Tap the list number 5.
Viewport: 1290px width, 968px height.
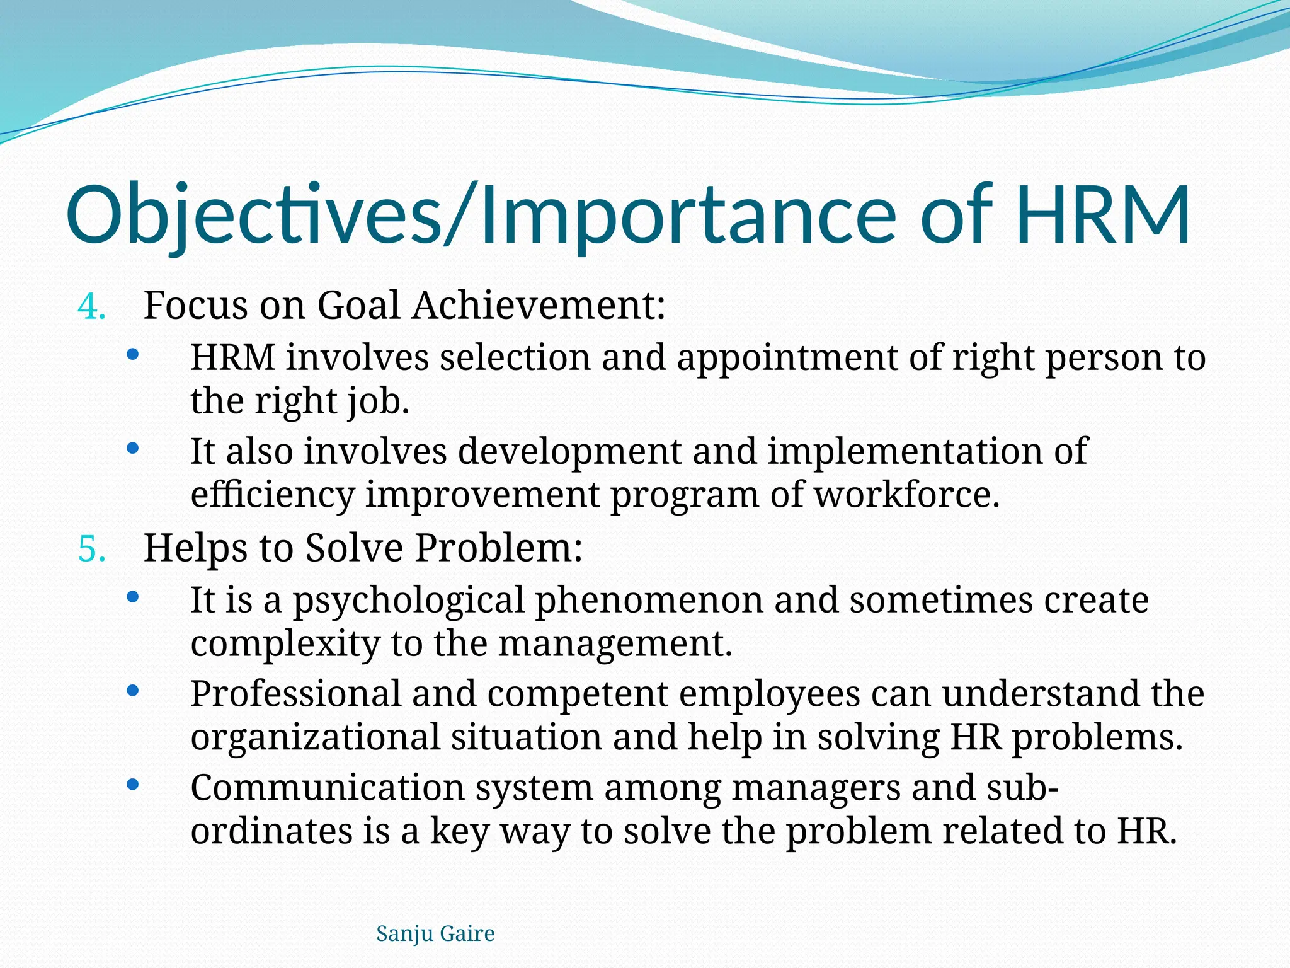(x=92, y=549)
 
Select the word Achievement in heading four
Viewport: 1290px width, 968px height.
(x=539, y=306)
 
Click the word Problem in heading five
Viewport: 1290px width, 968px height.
(x=498, y=548)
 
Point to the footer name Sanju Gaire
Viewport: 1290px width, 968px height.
(x=435, y=933)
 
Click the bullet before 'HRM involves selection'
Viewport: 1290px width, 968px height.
(x=132, y=355)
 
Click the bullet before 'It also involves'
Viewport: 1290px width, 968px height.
(x=132, y=449)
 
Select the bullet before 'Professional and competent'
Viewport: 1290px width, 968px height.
(x=132, y=691)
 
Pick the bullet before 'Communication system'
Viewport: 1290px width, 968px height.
(x=132, y=785)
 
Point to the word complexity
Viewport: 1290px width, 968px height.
(x=285, y=645)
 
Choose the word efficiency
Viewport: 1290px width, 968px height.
(x=273, y=496)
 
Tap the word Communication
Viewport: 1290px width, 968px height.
(x=328, y=788)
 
